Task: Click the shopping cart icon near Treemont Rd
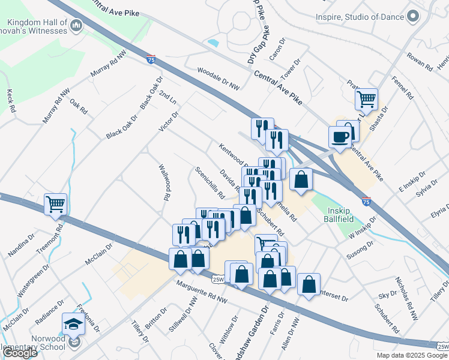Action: pos(55,204)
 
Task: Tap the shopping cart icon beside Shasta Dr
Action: pos(366,99)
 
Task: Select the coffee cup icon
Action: pos(340,137)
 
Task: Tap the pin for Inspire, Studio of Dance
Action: pos(412,17)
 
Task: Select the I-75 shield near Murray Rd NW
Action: pos(152,59)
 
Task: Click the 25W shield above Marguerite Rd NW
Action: pos(218,278)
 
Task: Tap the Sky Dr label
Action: pos(384,295)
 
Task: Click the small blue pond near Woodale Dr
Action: pos(212,43)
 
